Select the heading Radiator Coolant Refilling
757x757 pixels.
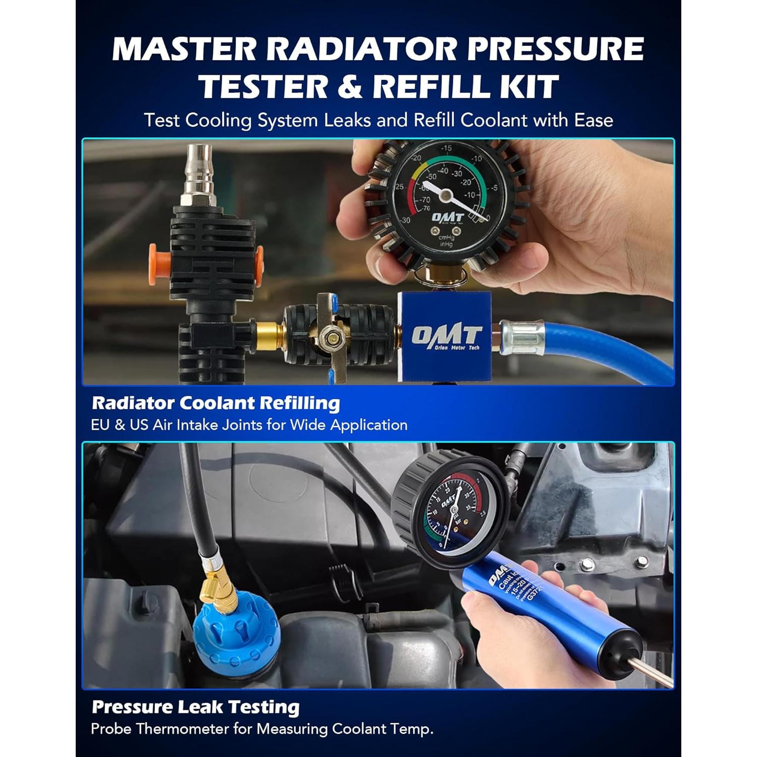coord(216,403)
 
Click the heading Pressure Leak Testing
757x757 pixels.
coord(196,707)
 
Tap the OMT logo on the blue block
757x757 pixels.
coord(446,337)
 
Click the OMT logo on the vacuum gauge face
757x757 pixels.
coord(447,217)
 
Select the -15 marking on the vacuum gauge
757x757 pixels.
coord(446,148)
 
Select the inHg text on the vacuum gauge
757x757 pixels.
coord(446,245)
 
